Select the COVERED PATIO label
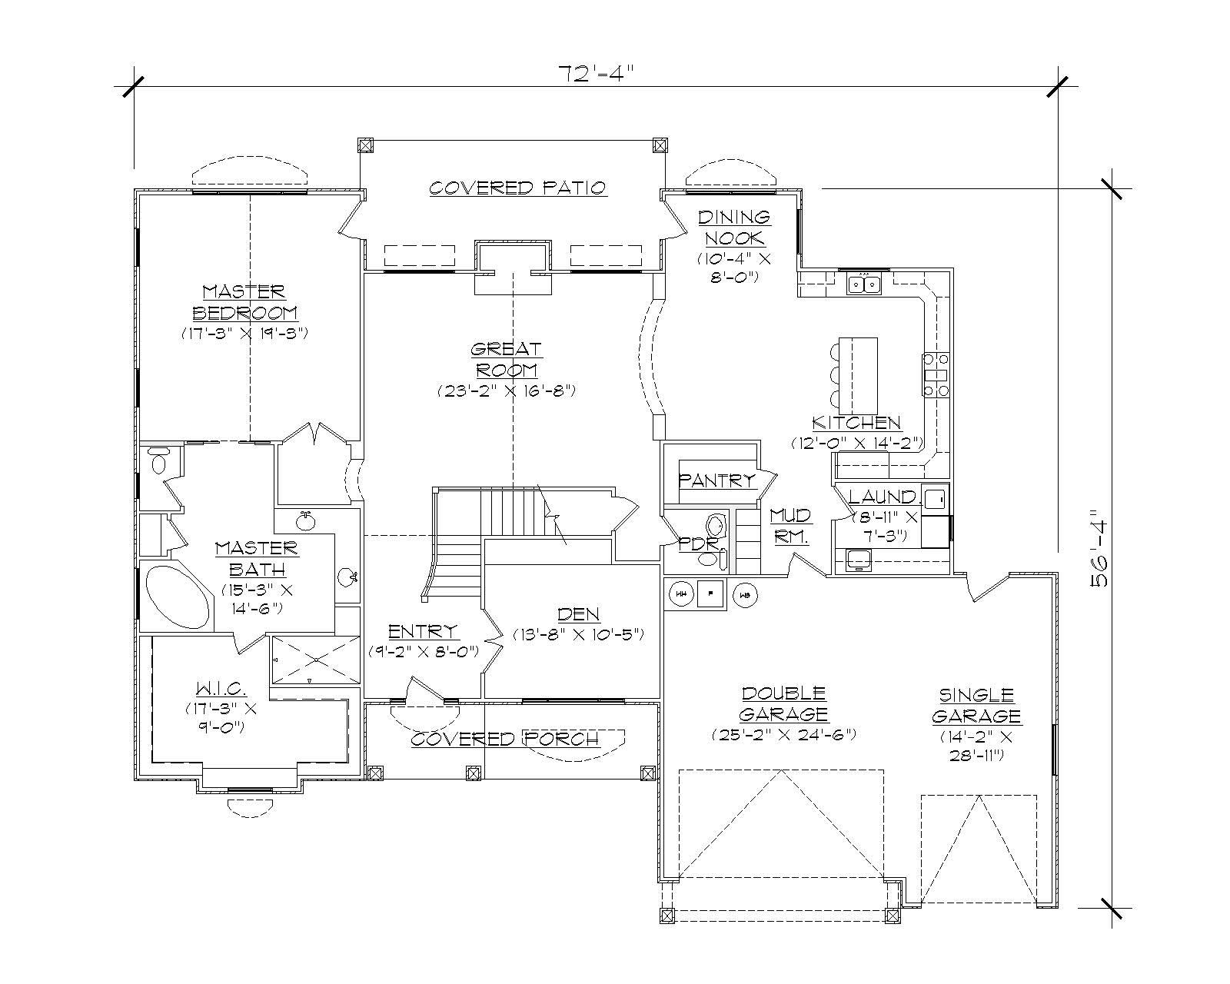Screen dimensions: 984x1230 pos(517,188)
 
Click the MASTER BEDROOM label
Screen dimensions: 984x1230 pos(244,302)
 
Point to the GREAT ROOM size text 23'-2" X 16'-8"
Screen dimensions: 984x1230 pos(507,391)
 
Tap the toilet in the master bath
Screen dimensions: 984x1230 pos(159,463)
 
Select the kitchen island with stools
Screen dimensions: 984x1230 pos(857,375)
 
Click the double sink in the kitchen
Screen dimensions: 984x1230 pos(865,285)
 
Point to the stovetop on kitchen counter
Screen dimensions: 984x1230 pos(935,375)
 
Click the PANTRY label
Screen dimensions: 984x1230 pos(716,480)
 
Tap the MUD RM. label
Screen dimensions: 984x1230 pos(790,526)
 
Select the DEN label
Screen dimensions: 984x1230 pos(578,614)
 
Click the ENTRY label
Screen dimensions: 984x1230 pos(423,632)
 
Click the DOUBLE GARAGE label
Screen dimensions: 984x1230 pos(783,703)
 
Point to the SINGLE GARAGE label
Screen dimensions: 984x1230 pos(976,706)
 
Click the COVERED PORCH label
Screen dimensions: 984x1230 pos(504,740)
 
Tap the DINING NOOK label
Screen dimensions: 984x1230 pos(733,228)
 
